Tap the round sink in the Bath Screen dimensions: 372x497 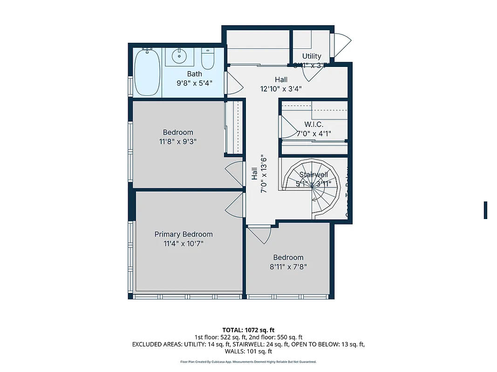click(x=179, y=57)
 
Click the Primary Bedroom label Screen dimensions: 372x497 click(x=184, y=234)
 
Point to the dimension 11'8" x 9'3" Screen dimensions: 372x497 click(x=178, y=141)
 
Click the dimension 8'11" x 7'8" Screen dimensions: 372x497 click(x=288, y=267)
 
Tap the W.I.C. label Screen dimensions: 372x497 click(x=313, y=125)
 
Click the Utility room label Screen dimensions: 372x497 click(x=312, y=56)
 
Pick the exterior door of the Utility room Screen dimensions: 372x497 click(x=340, y=44)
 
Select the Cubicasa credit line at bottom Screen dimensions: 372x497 click(x=248, y=362)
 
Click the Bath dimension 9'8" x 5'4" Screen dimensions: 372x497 click(x=194, y=83)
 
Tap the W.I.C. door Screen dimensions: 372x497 click(x=286, y=127)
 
